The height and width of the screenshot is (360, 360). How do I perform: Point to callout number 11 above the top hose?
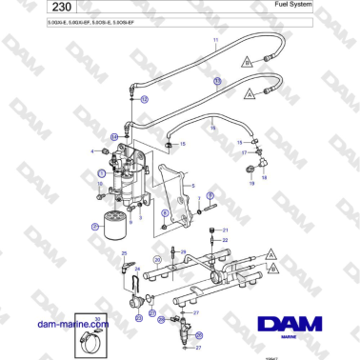pyautogui.click(x=215, y=41)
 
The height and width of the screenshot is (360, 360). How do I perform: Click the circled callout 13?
pyautogui.click(x=216, y=83)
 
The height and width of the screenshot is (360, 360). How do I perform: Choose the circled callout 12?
pyautogui.click(x=145, y=98)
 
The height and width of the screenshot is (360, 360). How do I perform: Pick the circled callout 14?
pyautogui.click(x=113, y=137)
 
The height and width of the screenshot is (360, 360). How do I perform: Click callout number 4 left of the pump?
pyautogui.click(x=92, y=152)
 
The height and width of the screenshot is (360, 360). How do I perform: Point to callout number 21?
pyautogui.click(x=226, y=230)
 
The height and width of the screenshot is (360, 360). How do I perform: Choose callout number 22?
pyautogui.click(x=226, y=240)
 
